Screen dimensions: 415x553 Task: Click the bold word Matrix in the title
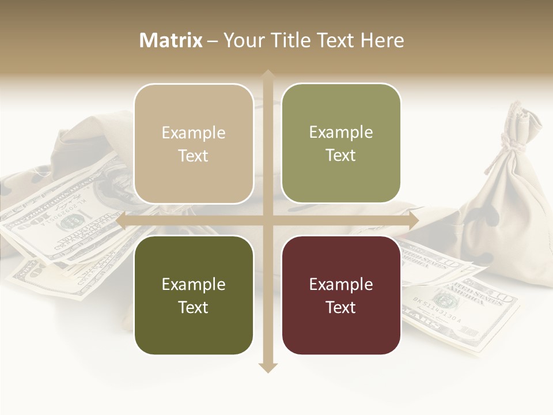coord(171,40)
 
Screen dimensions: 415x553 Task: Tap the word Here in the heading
coord(382,40)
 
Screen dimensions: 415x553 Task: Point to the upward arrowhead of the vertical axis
coord(267,75)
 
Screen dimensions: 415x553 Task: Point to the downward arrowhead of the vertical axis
coord(267,367)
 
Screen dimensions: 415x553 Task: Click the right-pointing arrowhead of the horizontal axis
coord(413,220)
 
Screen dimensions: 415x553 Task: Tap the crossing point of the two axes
coord(267,220)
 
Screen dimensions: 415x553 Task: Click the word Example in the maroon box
coord(341,284)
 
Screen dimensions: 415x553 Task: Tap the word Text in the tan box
coord(194,156)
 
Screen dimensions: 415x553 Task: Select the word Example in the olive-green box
coord(341,132)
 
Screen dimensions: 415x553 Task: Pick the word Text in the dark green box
coord(194,307)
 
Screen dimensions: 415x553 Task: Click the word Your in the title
coord(243,40)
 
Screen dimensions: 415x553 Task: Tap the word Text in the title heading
coord(332,40)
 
